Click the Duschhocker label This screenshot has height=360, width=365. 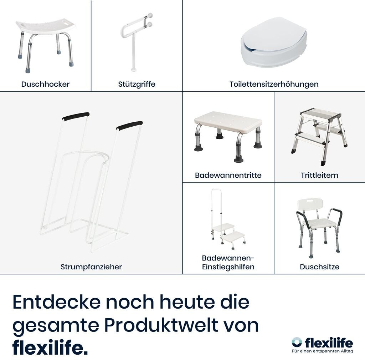pos(45,84)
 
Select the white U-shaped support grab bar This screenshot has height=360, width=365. pos(137,42)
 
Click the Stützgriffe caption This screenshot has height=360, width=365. pos(137,84)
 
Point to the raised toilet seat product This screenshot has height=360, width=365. pos(274,42)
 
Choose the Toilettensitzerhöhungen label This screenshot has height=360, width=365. pos(274,84)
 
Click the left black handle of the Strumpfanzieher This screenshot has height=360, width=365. pos(76,116)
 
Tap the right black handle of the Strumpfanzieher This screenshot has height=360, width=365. pos(130,126)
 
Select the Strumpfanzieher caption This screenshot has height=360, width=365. pos(91,267)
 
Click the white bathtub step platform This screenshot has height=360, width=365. pos(228,122)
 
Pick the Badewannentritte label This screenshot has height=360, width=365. pos(228,175)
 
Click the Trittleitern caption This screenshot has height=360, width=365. pos(320,175)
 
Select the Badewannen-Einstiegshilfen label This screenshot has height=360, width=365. pos(228,262)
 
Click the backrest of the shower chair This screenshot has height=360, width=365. pos(310,204)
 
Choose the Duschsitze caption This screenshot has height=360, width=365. pos(320,267)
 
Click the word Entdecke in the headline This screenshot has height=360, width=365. pos(57,302)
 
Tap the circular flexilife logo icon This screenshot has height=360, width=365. pos(297,342)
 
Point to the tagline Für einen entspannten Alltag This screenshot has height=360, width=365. pos(322,351)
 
